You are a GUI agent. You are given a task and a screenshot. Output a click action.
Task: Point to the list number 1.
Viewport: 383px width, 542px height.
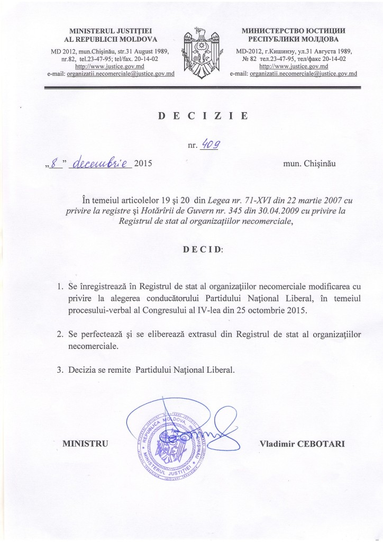60,286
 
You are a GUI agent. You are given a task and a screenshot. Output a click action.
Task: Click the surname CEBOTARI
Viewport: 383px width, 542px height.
322,442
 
